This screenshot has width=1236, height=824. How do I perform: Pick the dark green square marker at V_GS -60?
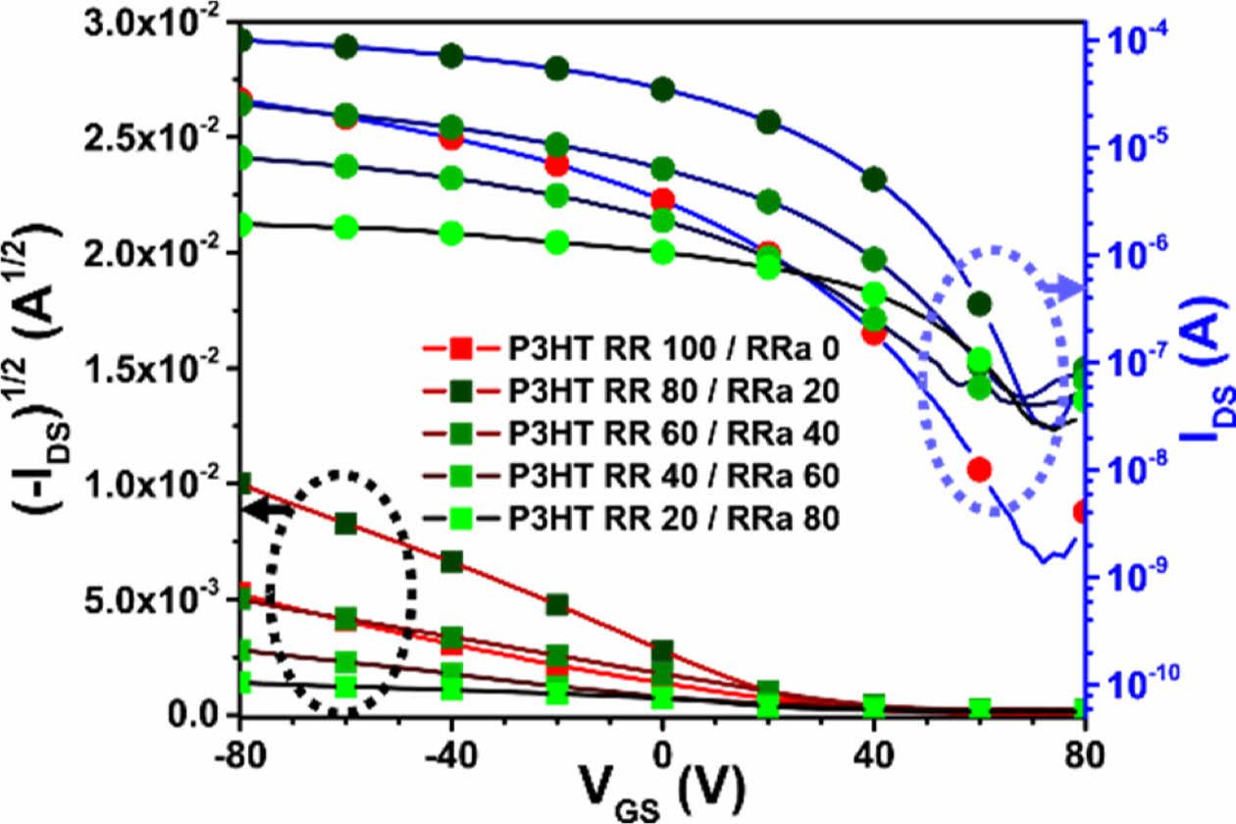(x=345, y=523)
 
